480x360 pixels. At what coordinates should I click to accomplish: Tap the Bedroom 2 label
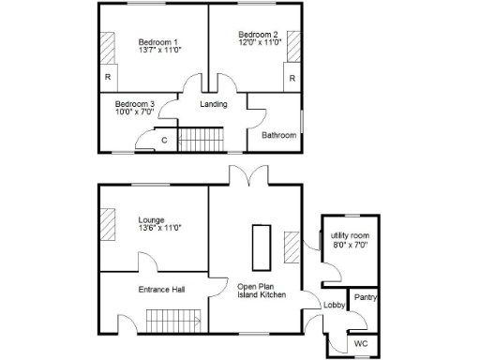(x=256, y=37)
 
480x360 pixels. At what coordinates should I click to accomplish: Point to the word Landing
(x=214, y=104)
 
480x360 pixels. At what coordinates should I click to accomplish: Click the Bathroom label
(x=278, y=136)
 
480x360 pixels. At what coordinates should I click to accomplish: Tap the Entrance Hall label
(x=161, y=290)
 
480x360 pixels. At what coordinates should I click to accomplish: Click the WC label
(x=361, y=344)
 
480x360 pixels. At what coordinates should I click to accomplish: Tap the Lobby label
(x=334, y=306)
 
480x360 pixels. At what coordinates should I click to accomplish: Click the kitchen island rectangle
(x=259, y=245)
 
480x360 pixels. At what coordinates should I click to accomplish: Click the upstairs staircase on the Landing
(x=199, y=142)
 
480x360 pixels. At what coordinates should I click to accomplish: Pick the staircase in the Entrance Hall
(x=173, y=324)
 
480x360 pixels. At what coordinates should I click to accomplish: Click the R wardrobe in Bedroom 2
(x=293, y=78)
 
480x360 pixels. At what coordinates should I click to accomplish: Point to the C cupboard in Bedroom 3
(x=165, y=141)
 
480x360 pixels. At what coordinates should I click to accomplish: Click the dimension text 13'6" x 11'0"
(x=158, y=228)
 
